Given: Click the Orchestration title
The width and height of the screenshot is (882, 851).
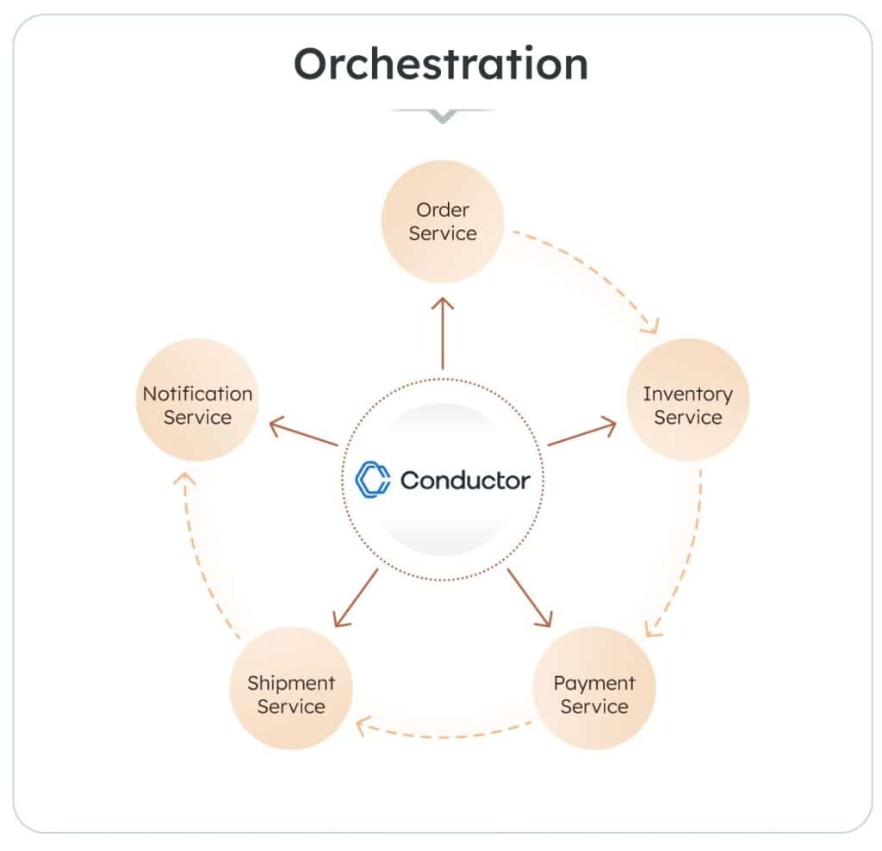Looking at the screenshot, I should pyautogui.click(x=441, y=64).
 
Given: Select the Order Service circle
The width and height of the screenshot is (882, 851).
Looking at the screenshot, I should pyautogui.click(x=443, y=221).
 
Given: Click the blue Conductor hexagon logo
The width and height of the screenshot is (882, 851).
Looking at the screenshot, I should pyautogui.click(x=373, y=480).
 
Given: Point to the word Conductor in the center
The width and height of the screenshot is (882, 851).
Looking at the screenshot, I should pyautogui.click(x=465, y=480).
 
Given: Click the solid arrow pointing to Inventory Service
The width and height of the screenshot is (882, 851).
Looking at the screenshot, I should pyautogui.click(x=581, y=433).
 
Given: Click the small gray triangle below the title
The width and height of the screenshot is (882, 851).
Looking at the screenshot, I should pyautogui.click(x=442, y=115).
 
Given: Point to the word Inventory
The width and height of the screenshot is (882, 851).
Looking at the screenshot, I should pyautogui.click(x=687, y=394).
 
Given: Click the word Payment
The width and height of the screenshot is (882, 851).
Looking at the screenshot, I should pyautogui.click(x=594, y=683).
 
